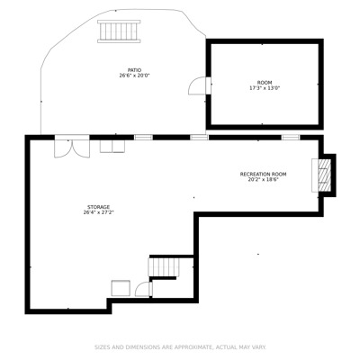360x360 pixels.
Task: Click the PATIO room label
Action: pyautogui.click(x=134, y=70)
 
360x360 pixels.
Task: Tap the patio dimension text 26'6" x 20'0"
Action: pyautogui.click(x=134, y=76)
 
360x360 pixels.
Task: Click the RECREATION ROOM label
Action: pyautogui.click(x=263, y=174)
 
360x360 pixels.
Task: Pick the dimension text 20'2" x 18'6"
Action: pyautogui.click(x=263, y=180)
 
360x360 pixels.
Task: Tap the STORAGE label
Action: pyautogui.click(x=98, y=207)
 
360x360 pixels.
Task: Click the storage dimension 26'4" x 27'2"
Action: pyautogui.click(x=98, y=212)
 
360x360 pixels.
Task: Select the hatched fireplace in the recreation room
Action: pyautogui.click(x=324, y=175)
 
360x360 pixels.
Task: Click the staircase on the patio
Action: pyautogui.click(x=119, y=31)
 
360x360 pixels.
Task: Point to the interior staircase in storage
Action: pyautogui.click(x=164, y=267)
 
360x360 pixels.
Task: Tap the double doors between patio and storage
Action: pyautogui.click(x=72, y=147)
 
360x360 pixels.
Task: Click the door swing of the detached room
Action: pyautogui.click(x=198, y=85)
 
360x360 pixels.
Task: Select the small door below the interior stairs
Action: pyautogui.click(x=144, y=290)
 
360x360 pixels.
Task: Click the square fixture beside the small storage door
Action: pyautogui.click(x=121, y=288)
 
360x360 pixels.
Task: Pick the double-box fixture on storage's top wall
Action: pyautogui.click(x=112, y=147)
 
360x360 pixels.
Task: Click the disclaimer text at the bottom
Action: pyautogui.click(x=180, y=347)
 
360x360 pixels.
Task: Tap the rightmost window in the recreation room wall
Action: pyautogui.click(x=291, y=138)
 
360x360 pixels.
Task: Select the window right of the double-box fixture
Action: pyautogui.click(x=143, y=138)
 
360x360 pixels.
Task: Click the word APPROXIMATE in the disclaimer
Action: pyautogui.click(x=193, y=347)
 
